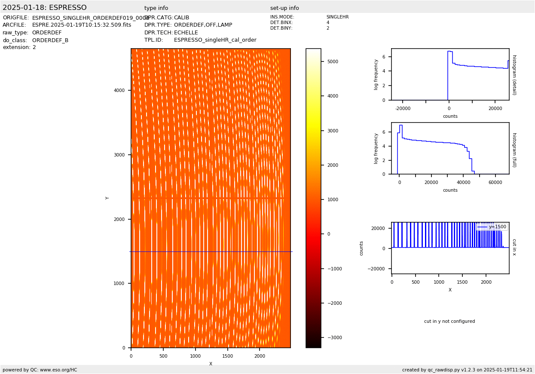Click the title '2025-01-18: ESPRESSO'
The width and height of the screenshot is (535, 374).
[45, 8]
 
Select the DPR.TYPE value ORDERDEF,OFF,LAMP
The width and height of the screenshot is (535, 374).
[203, 25]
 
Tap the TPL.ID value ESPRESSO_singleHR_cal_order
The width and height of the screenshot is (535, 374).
[215, 40]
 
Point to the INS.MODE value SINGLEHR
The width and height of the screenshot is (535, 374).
[337, 17]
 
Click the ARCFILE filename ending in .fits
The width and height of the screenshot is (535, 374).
[82, 25]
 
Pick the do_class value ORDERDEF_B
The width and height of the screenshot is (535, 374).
[50, 40]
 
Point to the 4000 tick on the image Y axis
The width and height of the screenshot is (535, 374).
[119, 90]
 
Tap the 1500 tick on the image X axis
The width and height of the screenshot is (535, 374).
[227, 356]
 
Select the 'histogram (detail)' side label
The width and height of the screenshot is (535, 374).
[514, 75]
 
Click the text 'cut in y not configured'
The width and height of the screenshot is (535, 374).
[449, 321]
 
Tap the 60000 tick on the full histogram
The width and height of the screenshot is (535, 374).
[495, 182]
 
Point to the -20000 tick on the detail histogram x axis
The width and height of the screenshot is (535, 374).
[403, 108]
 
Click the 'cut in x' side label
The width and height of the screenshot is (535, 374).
[514, 248]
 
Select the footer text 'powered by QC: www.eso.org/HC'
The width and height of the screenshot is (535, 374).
[40, 370]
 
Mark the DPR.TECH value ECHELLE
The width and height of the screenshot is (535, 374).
[186, 33]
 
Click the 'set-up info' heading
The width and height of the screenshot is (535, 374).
[284, 8]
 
